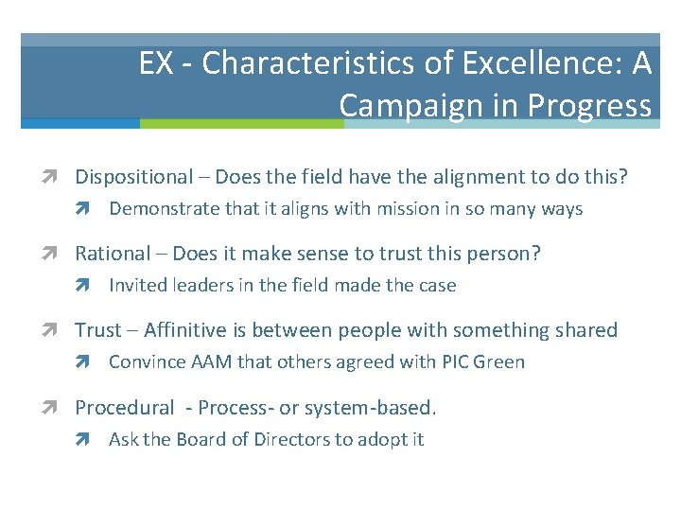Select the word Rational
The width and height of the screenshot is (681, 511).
113,254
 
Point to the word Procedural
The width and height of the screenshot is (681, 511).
124,408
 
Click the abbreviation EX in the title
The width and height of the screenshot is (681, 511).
155,63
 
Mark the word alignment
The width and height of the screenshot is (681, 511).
411,177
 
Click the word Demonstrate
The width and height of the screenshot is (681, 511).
164,208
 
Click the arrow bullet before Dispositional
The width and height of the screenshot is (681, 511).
59,177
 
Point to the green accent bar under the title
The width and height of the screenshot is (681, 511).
241,123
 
